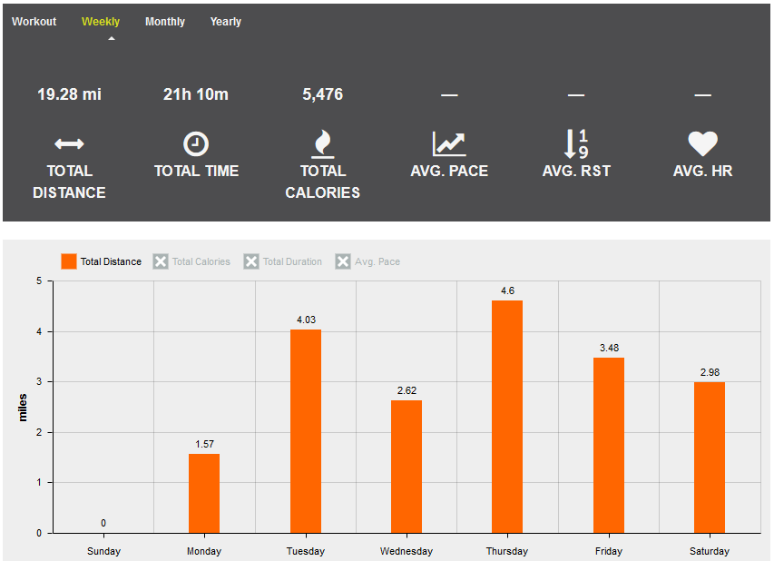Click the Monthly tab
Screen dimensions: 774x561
point(165,22)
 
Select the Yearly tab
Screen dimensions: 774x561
point(226,22)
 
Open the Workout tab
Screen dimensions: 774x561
point(34,22)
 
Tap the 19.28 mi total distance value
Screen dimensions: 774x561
point(69,94)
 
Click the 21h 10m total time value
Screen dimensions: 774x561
point(196,94)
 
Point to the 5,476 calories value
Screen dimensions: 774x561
point(323,94)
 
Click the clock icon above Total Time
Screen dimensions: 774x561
point(196,144)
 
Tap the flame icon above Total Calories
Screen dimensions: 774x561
point(323,143)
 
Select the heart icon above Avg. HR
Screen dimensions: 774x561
point(703,143)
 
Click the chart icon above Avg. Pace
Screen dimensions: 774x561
point(449,144)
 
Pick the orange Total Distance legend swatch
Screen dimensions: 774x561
point(69,261)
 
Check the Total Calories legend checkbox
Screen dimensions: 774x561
point(161,261)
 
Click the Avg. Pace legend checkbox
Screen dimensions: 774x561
point(343,261)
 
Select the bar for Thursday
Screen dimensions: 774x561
point(507,417)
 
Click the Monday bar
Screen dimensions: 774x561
point(204,493)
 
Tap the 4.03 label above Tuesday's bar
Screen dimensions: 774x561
point(306,320)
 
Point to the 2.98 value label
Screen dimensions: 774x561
point(710,372)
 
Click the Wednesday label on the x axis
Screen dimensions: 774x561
point(407,551)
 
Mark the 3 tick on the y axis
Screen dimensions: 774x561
point(39,382)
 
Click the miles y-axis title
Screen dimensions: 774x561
point(23,408)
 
